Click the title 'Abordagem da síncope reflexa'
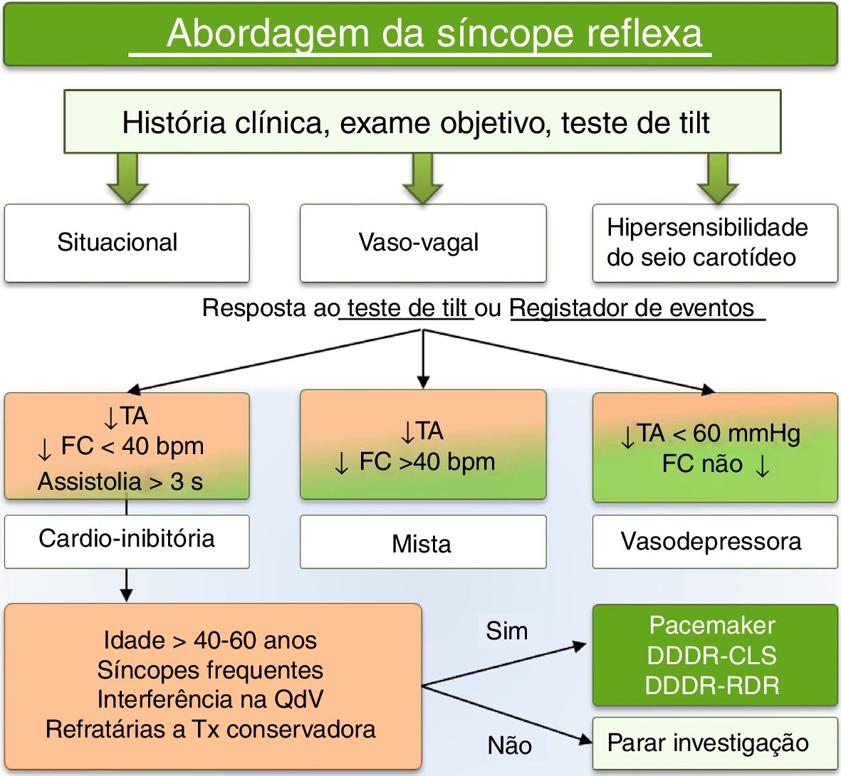(x=434, y=34)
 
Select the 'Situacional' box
(x=127, y=243)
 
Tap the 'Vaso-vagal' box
(x=422, y=243)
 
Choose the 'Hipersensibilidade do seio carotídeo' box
(x=714, y=243)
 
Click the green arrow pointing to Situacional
(x=127, y=179)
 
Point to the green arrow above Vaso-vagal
(x=422, y=179)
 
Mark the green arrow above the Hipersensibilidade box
(x=717, y=179)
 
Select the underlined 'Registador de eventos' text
(x=632, y=308)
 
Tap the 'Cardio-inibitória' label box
(x=127, y=539)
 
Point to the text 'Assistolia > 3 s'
(x=120, y=482)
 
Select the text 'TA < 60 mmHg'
(x=719, y=434)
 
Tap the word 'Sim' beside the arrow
(x=506, y=631)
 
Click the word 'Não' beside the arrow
(x=509, y=745)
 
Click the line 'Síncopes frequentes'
(x=210, y=670)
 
